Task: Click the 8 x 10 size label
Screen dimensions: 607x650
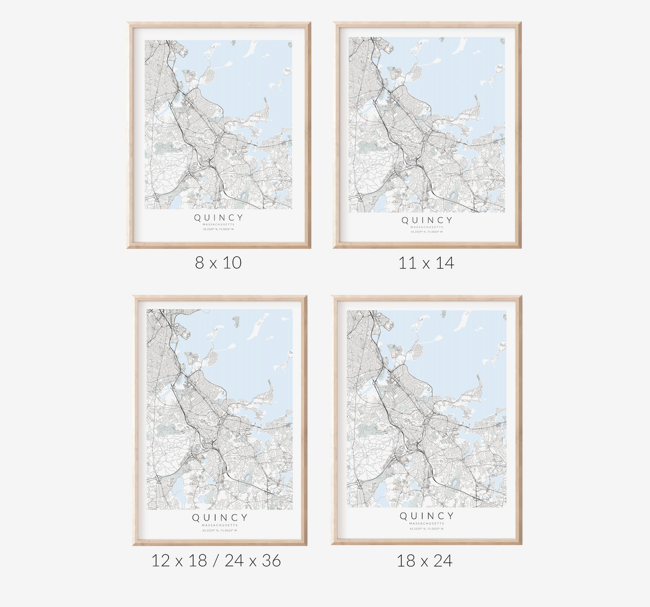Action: pos(218,263)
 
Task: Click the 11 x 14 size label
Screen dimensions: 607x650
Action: pos(426,263)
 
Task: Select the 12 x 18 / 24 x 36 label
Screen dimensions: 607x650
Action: pos(216,561)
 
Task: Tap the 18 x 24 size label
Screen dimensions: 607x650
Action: pos(424,561)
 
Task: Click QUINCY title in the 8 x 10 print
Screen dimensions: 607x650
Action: pos(219,218)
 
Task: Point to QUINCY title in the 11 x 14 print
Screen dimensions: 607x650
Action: pos(426,220)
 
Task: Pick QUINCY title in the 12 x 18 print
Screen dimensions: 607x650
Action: pos(220,518)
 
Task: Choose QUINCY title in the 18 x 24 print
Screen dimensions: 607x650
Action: pos(426,516)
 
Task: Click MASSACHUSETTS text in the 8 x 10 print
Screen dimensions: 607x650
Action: pos(219,224)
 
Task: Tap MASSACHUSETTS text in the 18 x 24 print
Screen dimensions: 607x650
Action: pos(426,523)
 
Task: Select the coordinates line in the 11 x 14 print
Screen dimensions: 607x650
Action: pos(426,232)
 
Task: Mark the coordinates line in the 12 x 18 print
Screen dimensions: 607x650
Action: pos(220,531)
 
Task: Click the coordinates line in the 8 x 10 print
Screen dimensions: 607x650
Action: pos(219,229)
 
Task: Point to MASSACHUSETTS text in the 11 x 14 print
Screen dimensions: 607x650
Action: pos(426,227)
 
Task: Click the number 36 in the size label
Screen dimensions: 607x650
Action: pos(271,561)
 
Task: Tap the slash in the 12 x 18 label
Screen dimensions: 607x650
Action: pos(216,561)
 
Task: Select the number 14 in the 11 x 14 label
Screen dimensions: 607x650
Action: pos(445,263)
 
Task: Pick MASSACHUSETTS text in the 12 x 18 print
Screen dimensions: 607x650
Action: pos(220,525)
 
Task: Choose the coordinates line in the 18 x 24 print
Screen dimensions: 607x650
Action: pos(426,529)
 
